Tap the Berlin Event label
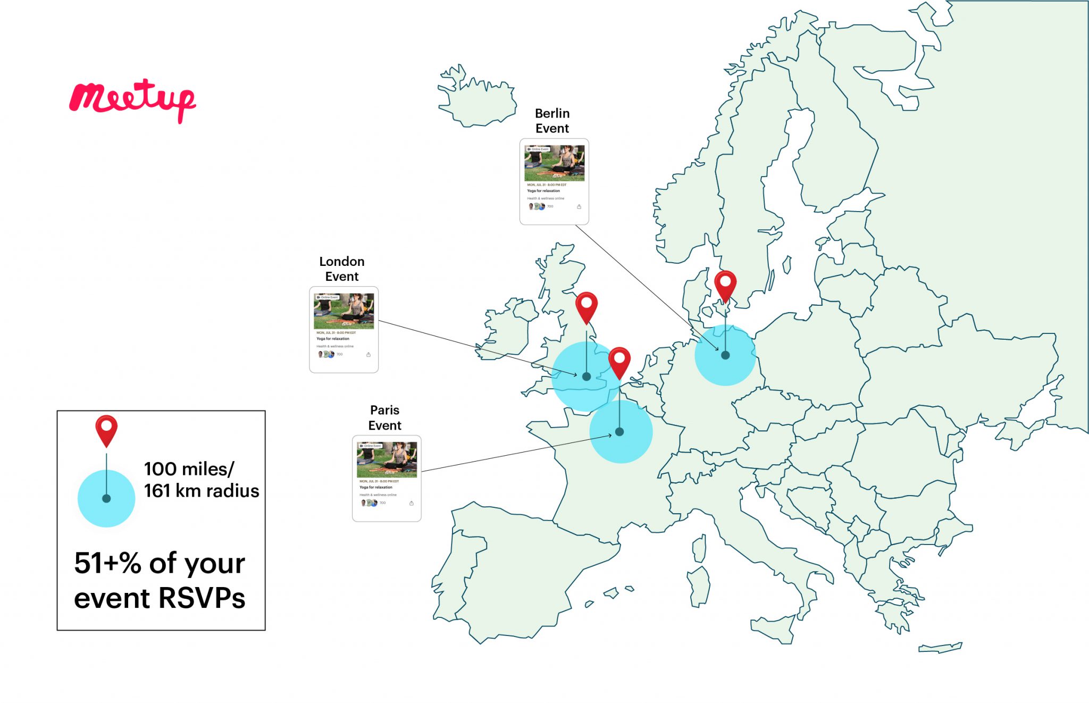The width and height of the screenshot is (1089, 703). click(x=552, y=121)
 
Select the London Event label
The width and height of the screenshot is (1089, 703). click(x=342, y=269)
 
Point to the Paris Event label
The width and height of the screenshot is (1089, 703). click(x=384, y=417)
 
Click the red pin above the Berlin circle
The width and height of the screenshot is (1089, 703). click(x=725, y=284)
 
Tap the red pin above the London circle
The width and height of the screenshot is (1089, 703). click(x=587, y=305)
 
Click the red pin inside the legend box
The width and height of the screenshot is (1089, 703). click(x=106, y=429)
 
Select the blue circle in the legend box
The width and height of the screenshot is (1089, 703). click(x=106, y=499)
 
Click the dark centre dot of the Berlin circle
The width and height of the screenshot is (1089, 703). click(x=725, y=355)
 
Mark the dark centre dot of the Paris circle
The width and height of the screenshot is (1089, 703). click(x=619, y=432)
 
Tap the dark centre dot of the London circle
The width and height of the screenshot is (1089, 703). click(x=587, y=376)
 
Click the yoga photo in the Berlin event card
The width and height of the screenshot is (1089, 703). click(x=554, y=163)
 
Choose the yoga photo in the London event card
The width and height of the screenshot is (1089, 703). click(x=344, y=311)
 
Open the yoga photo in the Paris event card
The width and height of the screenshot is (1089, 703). click(x=387, y=459)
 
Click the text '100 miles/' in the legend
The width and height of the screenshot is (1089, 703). click(x=189, y=469)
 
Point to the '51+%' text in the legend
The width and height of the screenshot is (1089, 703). click(x=108, y=563)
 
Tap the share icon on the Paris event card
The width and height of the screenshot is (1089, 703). click(x=411, y=503)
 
